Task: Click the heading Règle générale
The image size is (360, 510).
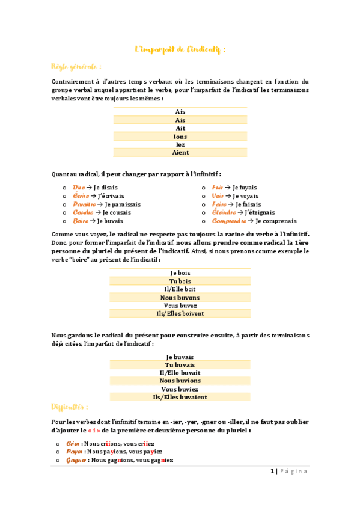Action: point(76,66)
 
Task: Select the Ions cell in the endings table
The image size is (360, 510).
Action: point(180,137)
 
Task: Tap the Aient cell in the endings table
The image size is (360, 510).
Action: point(180,153)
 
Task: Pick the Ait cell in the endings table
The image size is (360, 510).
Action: point(180,128)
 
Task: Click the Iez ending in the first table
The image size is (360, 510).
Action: point(180,145)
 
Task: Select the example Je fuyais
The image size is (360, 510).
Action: point(244,188)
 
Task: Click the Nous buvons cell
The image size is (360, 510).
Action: point(180,298)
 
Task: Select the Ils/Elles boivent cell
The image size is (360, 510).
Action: point(180,313)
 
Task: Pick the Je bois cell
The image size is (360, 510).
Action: point(180,273)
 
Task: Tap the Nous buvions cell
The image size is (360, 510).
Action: point(180,381)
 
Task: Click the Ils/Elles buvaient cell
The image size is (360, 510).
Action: point(180,397)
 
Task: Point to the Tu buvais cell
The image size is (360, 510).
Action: point(180,364)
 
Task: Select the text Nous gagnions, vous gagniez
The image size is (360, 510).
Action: point(130,460)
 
